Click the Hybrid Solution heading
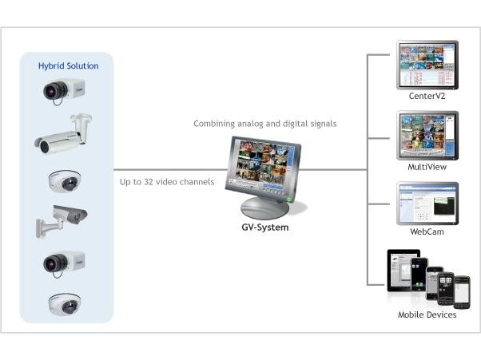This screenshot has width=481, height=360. pos(69,65)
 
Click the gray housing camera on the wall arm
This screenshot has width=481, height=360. pos(61,220)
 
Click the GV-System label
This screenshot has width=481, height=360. pos(264,227)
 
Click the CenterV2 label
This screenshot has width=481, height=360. pos(427,96)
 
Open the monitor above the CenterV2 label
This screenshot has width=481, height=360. pos(427,64)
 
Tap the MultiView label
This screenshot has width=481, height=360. pos(427,167)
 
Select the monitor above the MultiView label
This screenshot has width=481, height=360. pos(427,135)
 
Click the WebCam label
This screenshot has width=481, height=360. pos(427,231)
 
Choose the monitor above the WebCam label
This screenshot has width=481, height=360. pos(427,203)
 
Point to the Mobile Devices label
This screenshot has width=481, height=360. pos(427,315)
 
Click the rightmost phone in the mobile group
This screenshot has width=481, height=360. pos(463,291)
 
